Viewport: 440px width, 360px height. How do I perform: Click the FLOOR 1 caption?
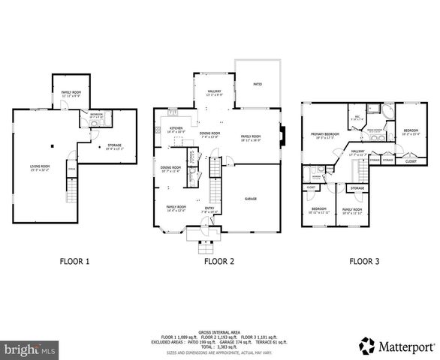[74, 262]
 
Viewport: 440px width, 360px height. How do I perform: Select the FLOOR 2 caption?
[218, 262]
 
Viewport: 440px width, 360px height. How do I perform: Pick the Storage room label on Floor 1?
[114, 146]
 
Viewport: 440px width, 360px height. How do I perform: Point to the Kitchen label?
[176, 130]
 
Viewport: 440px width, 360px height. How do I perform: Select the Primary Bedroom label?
[322, 136]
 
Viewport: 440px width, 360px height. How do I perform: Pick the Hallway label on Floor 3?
[357, 152]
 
